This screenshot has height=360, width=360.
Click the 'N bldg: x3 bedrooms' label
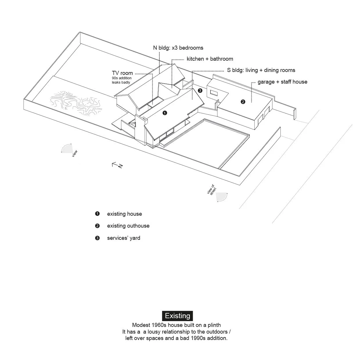[x=178, y=48]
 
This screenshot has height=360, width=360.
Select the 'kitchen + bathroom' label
[x=210, y=59]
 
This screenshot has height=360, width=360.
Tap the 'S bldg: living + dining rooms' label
[x=261, y=70]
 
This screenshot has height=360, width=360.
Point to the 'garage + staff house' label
[x=282, y=82]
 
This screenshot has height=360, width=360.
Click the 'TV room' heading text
[x=122, y=73]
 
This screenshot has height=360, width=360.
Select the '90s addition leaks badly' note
[x=122, y=80]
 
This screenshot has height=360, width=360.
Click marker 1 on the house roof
[x=165, y=113]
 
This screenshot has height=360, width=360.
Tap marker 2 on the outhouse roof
[x=243, y=102]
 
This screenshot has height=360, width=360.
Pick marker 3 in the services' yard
[x=200, y=91]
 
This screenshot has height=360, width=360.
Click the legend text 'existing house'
[x=125, y=214]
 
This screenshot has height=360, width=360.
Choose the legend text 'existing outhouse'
[x=128, y=226]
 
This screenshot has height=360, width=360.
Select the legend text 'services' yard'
[x=123, y=238]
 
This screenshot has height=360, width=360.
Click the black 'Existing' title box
[x=177, y=316]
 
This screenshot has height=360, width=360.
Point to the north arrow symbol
[x=117, y=165]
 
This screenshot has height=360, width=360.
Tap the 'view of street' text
[x=212, y=190]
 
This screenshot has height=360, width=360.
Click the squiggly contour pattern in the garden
[x=76, y=103]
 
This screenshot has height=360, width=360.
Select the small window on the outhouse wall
[x=214, y=93]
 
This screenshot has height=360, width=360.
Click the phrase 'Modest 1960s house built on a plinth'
[x=176, y=325]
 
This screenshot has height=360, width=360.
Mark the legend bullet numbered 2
[x=97, y=226]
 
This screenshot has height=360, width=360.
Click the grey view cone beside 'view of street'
[x=221, y=197]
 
